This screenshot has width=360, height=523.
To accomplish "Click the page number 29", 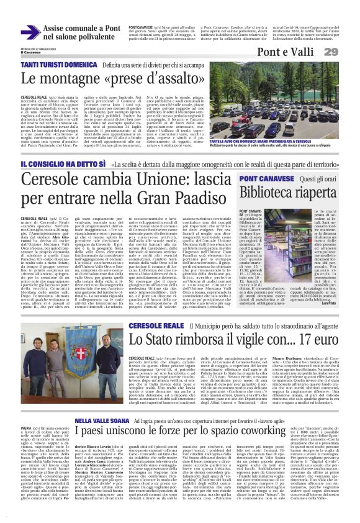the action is point(347,52).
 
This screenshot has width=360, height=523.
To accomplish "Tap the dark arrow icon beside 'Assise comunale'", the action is point(30,32).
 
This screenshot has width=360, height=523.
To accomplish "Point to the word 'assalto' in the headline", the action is point(180,78).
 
